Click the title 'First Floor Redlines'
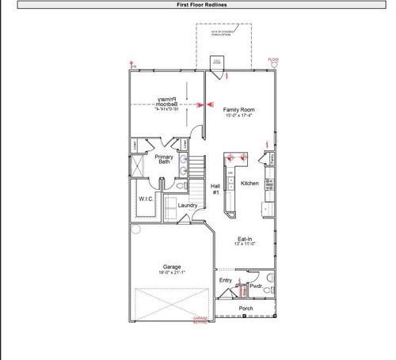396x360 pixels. pyautogui.click(x=198, y=5)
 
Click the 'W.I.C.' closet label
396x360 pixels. pyautogui.click(x=146, y=199)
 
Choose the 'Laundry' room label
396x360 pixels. pyautogui.click(x=188, y=206)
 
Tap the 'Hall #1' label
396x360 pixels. pyautogui.click(x=215, y=189)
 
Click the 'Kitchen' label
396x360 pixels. pyautogui.click(x=249, y=184)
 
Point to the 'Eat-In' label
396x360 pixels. pyautogui.click(x=246, y=239)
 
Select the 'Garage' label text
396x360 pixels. pyautogui.click(x=171, y=267)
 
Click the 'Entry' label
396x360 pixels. pyautogui.click(x=226, y=280)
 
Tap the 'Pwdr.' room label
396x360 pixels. pyautogui.click(x=256, y=286)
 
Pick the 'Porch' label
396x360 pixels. pyautogui.click(x=246, y=309)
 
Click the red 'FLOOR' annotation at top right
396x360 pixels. pyautogui.click(x=274, y=60)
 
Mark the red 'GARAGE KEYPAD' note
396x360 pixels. pyautogui.click(x=200, y=320)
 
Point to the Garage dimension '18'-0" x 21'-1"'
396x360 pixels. pyautogui.click(x=171, y=272)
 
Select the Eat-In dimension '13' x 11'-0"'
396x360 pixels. pyautogui.click(x=246, y=244)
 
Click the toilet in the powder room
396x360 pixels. pyautogui.click(x=269, y=278)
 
